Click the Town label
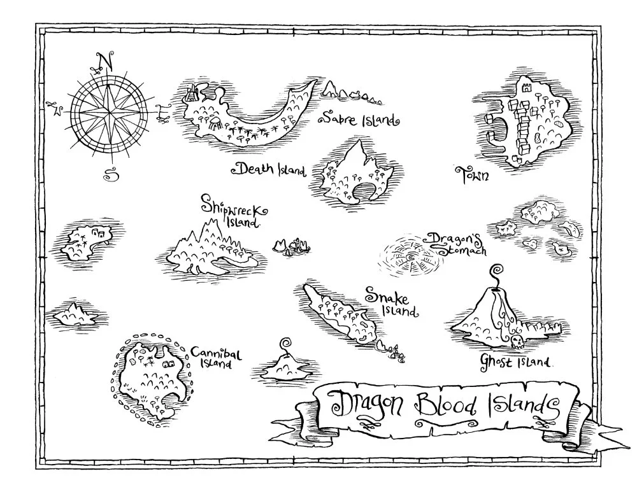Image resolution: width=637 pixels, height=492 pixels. pos(472,174)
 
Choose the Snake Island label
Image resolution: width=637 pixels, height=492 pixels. pos(390,302)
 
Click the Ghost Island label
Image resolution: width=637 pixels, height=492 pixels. pos(515,362)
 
